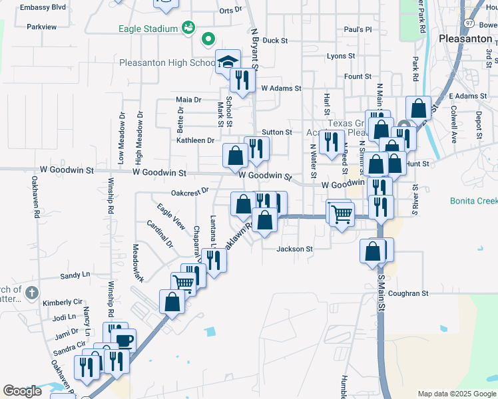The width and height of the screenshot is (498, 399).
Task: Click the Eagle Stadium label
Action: (148, 29)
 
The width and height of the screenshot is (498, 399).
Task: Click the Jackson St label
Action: (295, 249)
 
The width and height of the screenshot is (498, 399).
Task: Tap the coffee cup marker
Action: (124, 340)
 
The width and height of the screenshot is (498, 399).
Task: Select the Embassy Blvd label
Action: (43, 7)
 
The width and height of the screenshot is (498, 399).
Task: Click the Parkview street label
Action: (42, 27)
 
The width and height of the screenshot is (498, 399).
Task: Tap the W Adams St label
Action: (281, 88)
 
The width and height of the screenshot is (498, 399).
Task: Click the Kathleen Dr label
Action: (195, 140)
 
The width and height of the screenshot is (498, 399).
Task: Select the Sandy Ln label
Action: (75, 275)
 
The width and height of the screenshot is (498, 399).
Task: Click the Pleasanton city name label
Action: (465, 39)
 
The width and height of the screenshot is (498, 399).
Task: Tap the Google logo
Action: (22, 391)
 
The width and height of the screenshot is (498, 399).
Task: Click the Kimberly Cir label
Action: (61, 303)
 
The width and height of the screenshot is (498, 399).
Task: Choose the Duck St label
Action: (275, 41)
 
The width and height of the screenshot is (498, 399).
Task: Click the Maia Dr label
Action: (188, 100)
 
